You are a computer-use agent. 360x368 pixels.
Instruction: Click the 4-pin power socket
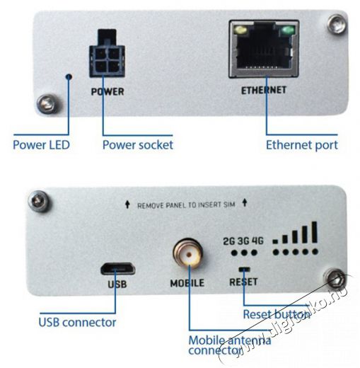(x=107, y=54)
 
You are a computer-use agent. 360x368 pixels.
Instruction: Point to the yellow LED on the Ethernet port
(x=240, y=30)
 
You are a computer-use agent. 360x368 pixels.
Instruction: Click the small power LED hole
(x=69, y=76)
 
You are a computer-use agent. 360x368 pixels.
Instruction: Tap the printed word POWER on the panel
(x=108, y=91)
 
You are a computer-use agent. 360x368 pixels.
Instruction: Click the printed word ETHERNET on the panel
(x=264, y=90)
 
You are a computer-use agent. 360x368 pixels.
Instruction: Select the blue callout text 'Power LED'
(x=41, y=145)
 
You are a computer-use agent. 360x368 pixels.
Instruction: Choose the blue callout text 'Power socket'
(x=138, y=145)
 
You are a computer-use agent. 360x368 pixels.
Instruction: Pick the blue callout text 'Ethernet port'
(x=302, y=145)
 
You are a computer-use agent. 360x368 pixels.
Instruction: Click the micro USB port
(x=118, y=269)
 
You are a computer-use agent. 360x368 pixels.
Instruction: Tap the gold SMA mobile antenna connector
(x=188, y=253)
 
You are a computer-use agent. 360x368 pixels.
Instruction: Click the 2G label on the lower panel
(x=229, y=241)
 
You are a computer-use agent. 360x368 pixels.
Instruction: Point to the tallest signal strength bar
(x=314, y=232)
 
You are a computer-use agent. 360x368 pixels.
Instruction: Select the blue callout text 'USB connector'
(x=77, y=322)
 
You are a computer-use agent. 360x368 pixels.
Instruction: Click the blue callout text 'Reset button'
(x=277, y=314)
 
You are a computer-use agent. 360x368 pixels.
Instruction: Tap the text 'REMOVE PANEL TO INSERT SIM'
(x=186, y=205)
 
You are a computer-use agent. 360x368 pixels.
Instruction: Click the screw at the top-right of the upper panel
(x=337, y=23)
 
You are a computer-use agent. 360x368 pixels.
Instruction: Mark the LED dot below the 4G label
(x=254, y=253)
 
